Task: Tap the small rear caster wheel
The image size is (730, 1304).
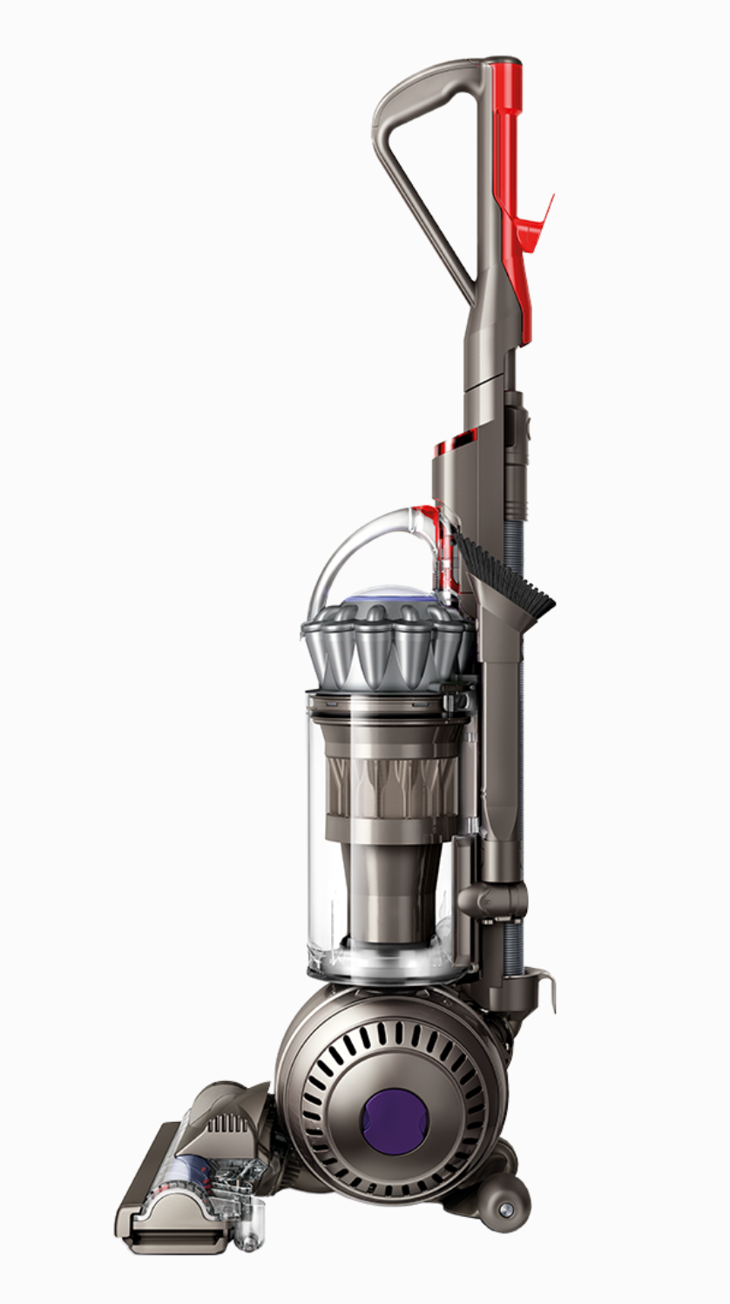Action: coord(504,1209)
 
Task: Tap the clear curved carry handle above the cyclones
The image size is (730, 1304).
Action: coord(348,549)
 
